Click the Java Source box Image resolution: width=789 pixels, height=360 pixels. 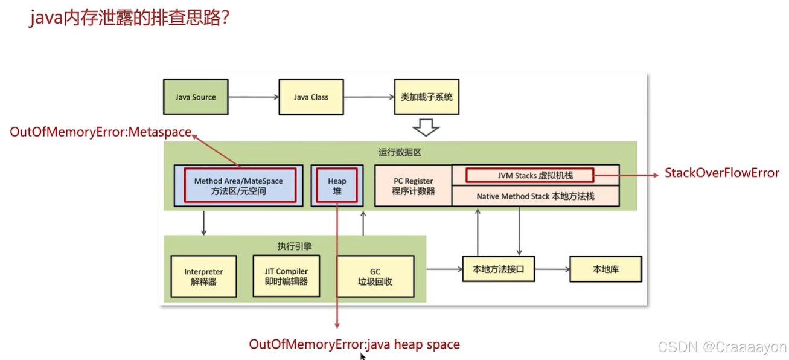(x=196, y=97)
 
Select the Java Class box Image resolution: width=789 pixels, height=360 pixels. (x=311, y=97)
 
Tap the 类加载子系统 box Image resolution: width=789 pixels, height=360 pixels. (x=427, y=97)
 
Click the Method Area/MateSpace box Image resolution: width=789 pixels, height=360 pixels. (x=238, y=185)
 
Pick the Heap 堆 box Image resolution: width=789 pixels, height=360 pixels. (x=337, y=185)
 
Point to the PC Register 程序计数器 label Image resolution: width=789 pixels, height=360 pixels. (x=414, y=185)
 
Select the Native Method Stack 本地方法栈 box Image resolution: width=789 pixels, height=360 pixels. (x=535, y=196)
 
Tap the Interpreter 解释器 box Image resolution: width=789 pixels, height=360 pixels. (x=203, y=277)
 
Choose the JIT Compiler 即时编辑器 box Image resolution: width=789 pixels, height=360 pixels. (x=286, y=277)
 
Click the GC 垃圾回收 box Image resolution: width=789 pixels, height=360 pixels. (x=375, y=277)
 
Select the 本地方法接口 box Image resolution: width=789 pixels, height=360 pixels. (x=498, y=269)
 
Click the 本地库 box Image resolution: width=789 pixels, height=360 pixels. (x=605, y=269)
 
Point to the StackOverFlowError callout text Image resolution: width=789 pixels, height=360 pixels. (x=722, y=173)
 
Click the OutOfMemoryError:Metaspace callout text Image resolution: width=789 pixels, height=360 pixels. (x=100, y=132)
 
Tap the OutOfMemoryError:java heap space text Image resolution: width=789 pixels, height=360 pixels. (x=354, y=345)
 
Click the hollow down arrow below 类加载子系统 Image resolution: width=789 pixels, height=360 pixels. (x=426, y=127)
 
